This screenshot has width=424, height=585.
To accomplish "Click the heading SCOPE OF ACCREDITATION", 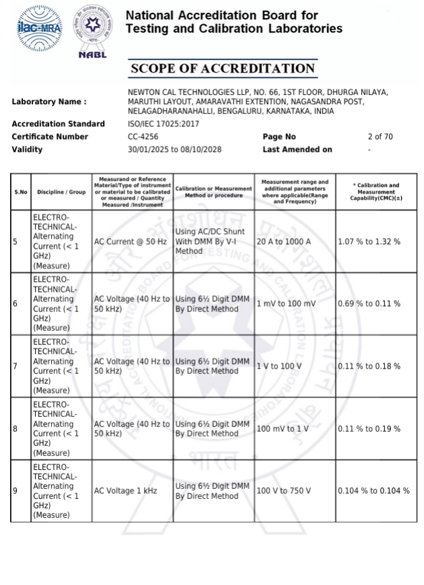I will [x=222, y=69].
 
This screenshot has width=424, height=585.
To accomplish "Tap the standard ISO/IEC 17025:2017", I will [x=164, y=124].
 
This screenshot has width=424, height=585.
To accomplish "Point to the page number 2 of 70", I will [x=380, y=136].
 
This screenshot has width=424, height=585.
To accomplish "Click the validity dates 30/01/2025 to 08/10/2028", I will [x=174, y=149].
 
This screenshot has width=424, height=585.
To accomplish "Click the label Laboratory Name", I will [x=49, y=102].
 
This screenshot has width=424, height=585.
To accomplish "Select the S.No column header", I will [x=21, y=192].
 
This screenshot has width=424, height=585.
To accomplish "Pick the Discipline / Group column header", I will [x=61, y=192].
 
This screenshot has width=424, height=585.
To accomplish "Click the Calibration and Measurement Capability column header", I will [x=376, y=192].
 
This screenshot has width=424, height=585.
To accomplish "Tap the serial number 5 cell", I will [x=15, y=241].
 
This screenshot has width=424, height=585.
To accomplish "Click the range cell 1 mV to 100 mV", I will [x=286, y=304].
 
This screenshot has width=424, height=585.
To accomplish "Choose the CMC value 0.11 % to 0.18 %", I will [x=369, y=366].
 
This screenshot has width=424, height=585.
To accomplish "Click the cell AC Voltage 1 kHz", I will [x=125, y=491].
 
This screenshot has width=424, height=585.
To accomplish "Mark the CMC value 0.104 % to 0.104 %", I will [x=374, y=491].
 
